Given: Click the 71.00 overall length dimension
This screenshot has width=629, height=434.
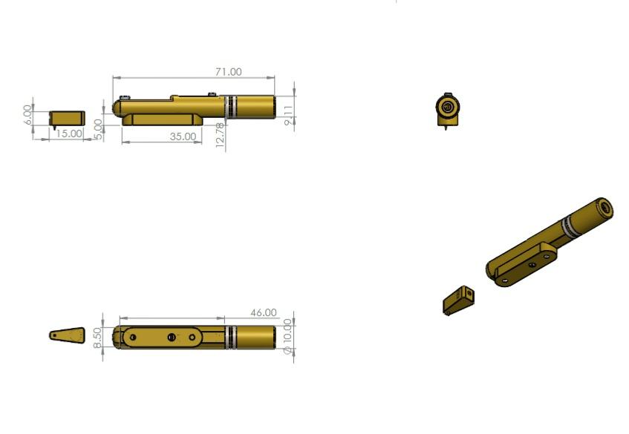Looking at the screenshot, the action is tap(229, 72).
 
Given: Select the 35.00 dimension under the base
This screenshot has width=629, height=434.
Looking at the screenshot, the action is tap(183, 137).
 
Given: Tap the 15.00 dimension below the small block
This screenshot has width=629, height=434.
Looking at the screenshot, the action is tap(69, 134).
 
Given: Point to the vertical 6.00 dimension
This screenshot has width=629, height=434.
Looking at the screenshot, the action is tap(27, 114).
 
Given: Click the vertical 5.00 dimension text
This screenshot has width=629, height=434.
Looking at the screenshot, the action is tap(98, 129).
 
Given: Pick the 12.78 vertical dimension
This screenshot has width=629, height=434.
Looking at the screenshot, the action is tap(220, 135).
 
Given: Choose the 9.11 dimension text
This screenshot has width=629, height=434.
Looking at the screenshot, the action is tap(289, 116).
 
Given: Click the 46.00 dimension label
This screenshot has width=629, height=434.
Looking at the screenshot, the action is tap(264, 312).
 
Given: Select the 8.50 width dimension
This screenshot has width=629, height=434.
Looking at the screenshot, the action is tap(97, 338).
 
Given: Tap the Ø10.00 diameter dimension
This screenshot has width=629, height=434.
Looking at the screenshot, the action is tap(287, 337).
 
